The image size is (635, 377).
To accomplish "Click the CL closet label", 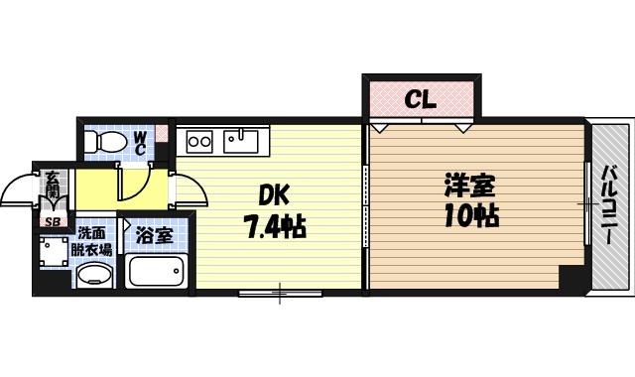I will point(421,99).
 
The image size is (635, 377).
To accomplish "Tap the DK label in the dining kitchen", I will point(274,194).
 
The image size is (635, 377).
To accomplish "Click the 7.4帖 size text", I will point(274,227).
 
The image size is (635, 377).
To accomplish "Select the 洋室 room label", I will point(469,186).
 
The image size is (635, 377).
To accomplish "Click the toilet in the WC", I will point(101,144).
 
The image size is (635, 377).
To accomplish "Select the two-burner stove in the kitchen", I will point(199,141).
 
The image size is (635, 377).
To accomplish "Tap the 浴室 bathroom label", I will point(154,236).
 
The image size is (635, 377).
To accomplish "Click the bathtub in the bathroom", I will point(156,270).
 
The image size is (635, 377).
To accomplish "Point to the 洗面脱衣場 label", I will point(96,243).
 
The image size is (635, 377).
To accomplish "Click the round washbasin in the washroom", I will point(94,273).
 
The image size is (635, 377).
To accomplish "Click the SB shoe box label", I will point(50,222).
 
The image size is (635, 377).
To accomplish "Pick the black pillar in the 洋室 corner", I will point(571,277).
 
